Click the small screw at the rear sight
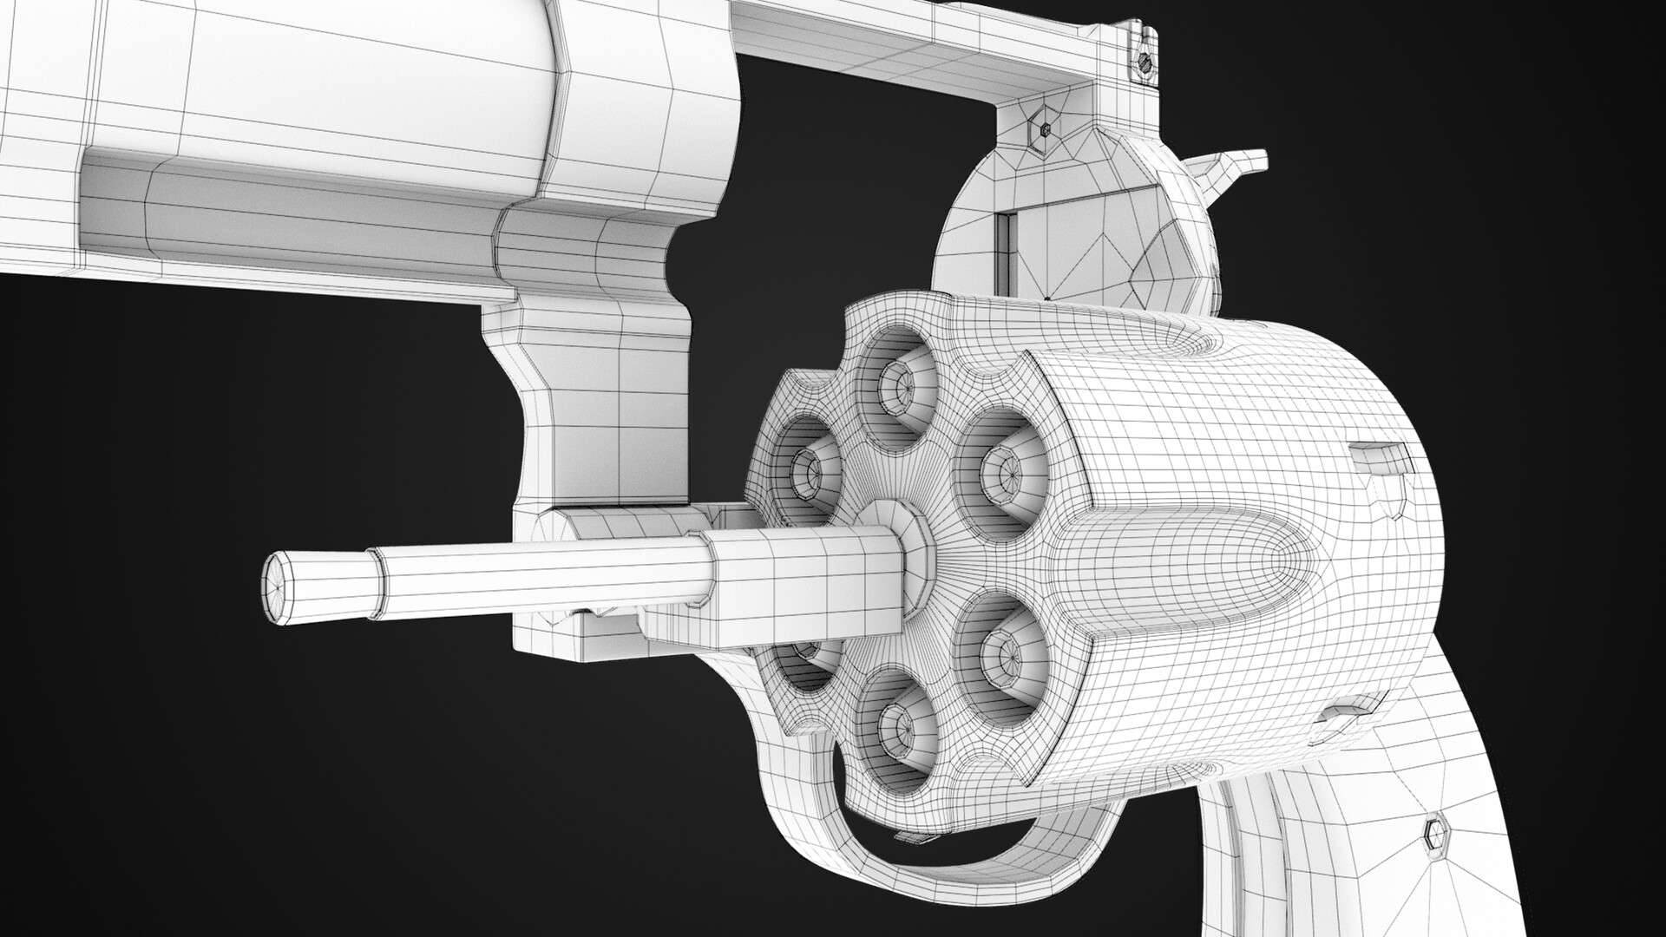click(x=1145, y=62)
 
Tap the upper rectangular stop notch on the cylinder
click(x=1380, y=456)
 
